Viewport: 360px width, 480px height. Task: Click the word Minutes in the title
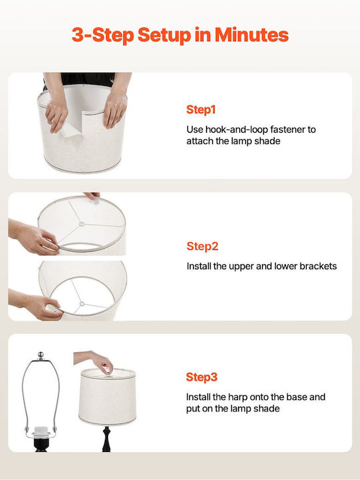(x=251, y=35)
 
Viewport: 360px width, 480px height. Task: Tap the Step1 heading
(x=201, y=109)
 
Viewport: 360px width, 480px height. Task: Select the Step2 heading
(x=203, y=246)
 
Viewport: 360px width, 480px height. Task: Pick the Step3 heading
(x=202, y=377)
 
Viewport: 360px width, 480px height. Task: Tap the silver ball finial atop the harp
(x=41, y=355)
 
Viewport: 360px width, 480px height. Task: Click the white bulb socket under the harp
(x=41, y=431)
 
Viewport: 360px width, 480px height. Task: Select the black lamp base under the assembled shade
(x=106, y=439)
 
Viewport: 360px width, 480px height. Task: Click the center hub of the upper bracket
(x=82, y=224)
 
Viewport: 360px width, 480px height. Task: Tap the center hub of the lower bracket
(x=82, y=304)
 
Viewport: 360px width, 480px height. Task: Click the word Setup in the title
(x=165, y=35)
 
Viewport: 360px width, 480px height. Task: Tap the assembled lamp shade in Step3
(x=107, y=397)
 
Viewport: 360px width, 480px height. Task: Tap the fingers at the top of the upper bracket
(x=92, y=196)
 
